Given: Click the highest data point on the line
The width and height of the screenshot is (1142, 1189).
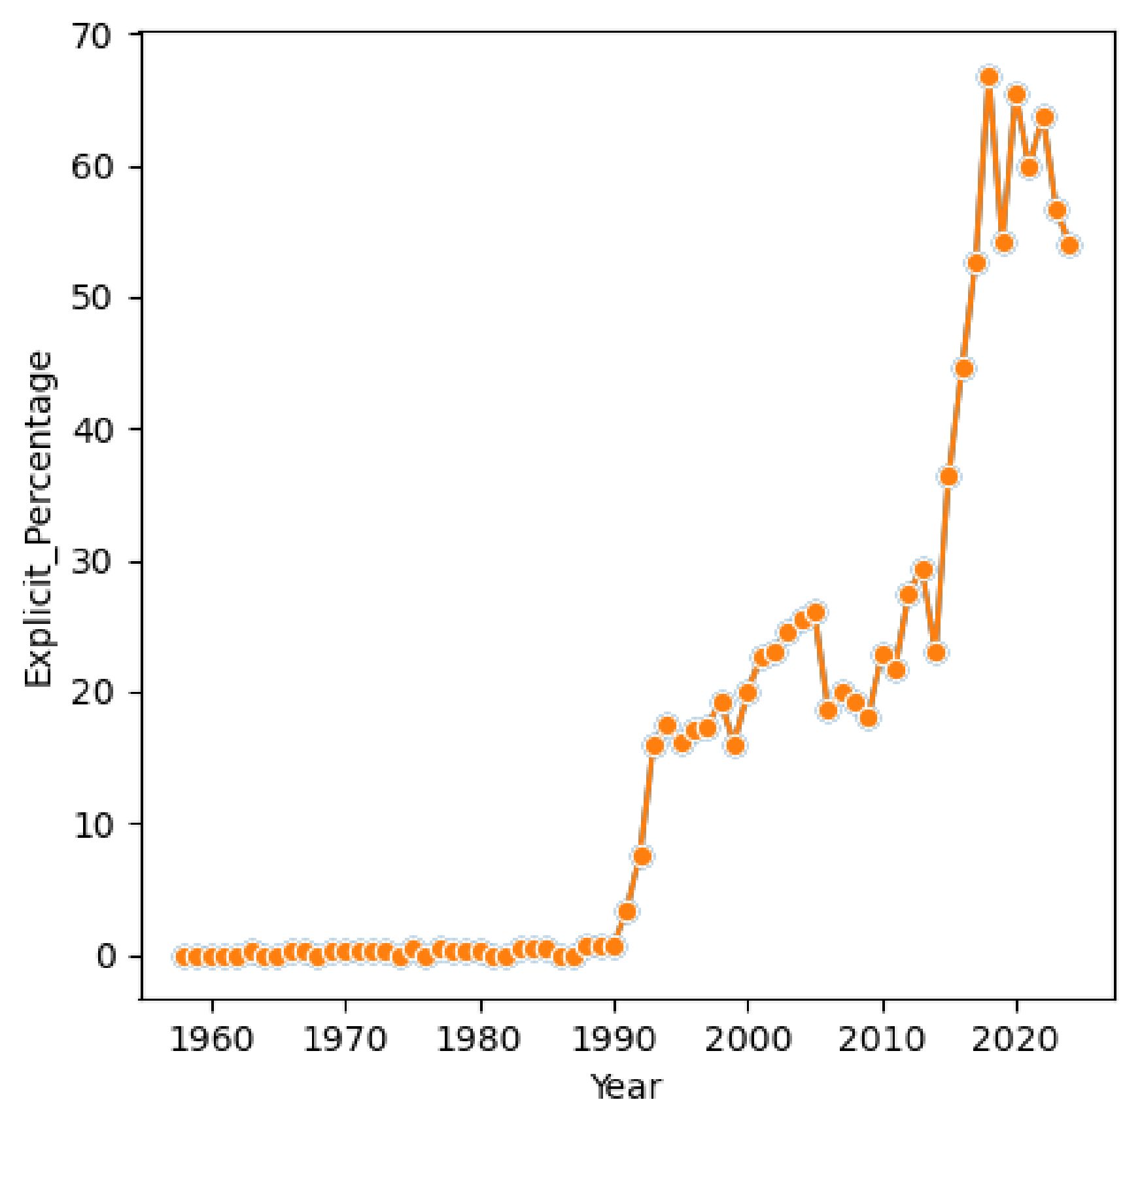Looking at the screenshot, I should [x=989, y=77].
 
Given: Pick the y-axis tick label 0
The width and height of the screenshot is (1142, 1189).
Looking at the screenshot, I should [x=105, y=956].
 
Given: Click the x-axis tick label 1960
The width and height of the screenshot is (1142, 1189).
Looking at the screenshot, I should [x=211, y=1039].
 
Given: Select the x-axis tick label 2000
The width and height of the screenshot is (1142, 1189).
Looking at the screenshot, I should [x=748, y=1039].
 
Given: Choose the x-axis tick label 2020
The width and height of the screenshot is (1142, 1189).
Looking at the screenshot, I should [x=1015, y=1039].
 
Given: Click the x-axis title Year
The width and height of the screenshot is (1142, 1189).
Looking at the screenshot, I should [x=626, y=1088].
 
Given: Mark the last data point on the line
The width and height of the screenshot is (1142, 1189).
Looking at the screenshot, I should [x=1069, y=246].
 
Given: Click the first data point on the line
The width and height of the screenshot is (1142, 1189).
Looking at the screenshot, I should [x=183, y=957].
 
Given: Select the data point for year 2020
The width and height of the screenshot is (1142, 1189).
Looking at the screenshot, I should [x=1016, y=95].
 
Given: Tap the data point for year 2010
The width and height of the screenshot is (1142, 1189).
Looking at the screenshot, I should [x=883, y=655].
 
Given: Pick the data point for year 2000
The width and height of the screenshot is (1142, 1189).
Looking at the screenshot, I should [x=748, y=693].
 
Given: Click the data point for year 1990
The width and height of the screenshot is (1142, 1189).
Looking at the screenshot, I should [x=614, y=946].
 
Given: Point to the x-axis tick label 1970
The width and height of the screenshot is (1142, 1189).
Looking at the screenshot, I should [x=345, y=1039].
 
